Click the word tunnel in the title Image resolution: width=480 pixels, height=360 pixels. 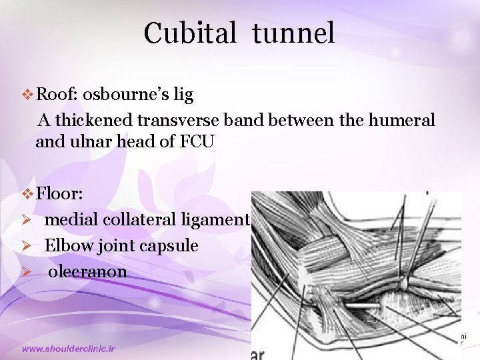click(x=293, y=33)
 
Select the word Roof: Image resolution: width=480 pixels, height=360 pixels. click(x=59, y=95)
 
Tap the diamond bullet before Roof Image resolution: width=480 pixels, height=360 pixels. click(x=27, y=96)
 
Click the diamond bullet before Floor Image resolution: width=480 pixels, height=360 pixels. click(x=27, y=195)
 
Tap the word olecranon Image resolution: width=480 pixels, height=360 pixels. click(x=87, y=271)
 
